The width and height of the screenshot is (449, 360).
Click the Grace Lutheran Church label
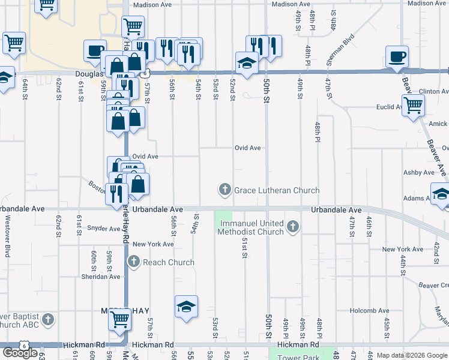(277, 190)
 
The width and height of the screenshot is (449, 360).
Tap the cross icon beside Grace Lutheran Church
(225, 190)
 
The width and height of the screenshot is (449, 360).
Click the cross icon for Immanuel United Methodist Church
(292, 226)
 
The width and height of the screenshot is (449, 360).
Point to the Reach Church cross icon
(133, 262)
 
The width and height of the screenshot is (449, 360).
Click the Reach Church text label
(169, 262)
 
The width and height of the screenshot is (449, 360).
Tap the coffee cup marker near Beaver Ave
(396, 58)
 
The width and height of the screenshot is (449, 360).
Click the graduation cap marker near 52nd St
(246, 63)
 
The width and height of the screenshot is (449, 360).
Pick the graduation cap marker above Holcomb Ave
(186, 307)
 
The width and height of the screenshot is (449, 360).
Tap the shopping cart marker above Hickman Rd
(120, 320)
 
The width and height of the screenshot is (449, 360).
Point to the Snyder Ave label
(104, 229)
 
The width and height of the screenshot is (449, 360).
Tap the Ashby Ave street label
(418, 172)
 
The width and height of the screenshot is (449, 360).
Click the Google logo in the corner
(20, 352)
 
